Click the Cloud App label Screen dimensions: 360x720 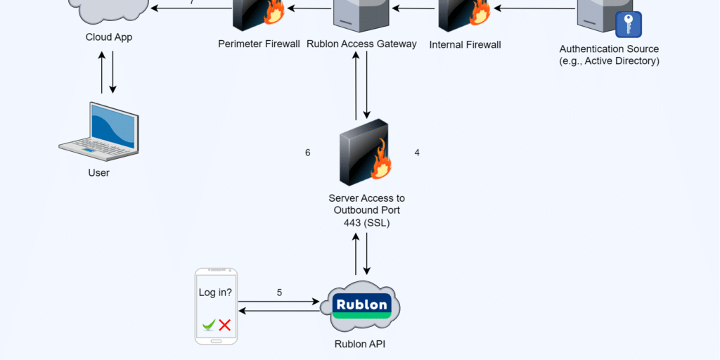tap(109, 37)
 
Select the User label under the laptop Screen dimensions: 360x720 tap(98, 173)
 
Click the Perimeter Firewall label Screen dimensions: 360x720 tap(259, 44)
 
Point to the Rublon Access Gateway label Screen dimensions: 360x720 tap(362, 44)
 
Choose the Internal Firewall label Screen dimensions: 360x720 tap(465, 45)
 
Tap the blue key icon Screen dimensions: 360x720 tap(628, 24)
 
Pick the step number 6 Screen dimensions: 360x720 tap(308, 153)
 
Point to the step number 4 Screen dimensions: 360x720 tap(417, 153)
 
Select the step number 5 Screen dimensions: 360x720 tap(279, 292)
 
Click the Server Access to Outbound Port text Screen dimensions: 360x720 tap(366, 211)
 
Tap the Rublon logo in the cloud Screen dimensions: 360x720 tap(361, 305)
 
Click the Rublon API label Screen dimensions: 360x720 tap(360, 345)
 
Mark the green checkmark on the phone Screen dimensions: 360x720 tap(209, 325)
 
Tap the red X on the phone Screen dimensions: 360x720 tap(225, 325)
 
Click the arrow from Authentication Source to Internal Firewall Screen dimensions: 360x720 tap(534, 9)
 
